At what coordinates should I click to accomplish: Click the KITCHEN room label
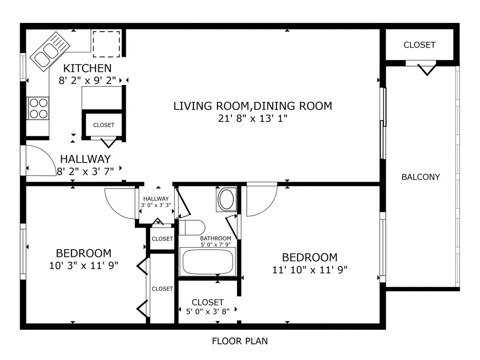click(x=87, y=68)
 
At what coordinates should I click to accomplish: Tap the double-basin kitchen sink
click(x=50, y=51)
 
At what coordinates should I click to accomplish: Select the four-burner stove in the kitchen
click(x=38, y=108)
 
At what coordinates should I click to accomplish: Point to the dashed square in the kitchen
click(x=106, y=44)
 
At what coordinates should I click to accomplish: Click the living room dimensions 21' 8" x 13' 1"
click(x=252, y=118)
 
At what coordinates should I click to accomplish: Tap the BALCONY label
click(x=420, y=177)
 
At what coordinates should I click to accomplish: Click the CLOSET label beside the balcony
click(x=420, y=45)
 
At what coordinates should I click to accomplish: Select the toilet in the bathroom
click(x=192, y=228)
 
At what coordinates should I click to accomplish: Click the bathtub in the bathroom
click(x=207, y=262)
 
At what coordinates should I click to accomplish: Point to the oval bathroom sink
click(x=227, y=199)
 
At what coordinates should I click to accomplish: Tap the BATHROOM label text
click(x=216, y=238)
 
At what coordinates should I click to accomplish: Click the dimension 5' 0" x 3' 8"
click(x=207, y=312)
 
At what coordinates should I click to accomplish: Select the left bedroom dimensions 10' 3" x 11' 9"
click(x=84, y=265)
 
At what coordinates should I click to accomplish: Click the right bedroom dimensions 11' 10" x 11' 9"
click(x=310, y=270)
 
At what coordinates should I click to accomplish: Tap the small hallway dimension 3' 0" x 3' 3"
click(x=156, y=205)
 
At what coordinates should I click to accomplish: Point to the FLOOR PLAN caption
click(x=240, y=341)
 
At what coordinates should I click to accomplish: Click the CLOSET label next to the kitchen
click(x=104, y=125)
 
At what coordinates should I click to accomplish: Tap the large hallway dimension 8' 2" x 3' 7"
click(x=85, y=171)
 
